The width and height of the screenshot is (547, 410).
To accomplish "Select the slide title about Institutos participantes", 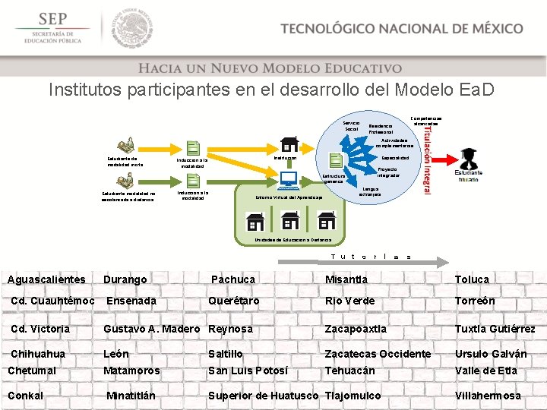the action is [x=271, y=90].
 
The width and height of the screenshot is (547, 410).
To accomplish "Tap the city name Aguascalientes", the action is [x=46, y=279].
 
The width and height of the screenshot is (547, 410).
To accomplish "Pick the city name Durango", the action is [x=125, y=279].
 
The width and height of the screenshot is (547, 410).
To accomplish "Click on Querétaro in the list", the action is [x=234, y=301].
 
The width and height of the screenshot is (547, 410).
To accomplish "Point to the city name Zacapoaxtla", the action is [x=356, y=329].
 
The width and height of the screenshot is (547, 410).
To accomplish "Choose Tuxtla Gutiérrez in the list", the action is [x=495, y=329].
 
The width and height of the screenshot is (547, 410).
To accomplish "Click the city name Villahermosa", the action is [x=487, y=396].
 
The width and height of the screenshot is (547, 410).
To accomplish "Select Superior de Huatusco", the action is [x=264, y=396].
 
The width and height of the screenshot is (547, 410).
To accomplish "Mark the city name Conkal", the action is [x=25, y=396].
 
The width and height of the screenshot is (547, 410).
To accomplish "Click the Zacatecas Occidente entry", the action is [x=378, y=354].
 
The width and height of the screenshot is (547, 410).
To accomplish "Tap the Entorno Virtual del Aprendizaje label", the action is [x=289, y=197].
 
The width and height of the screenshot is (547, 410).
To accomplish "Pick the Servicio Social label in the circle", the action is [x=352, y=126].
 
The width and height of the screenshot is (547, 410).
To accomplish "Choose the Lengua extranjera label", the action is [x=371, y=192].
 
